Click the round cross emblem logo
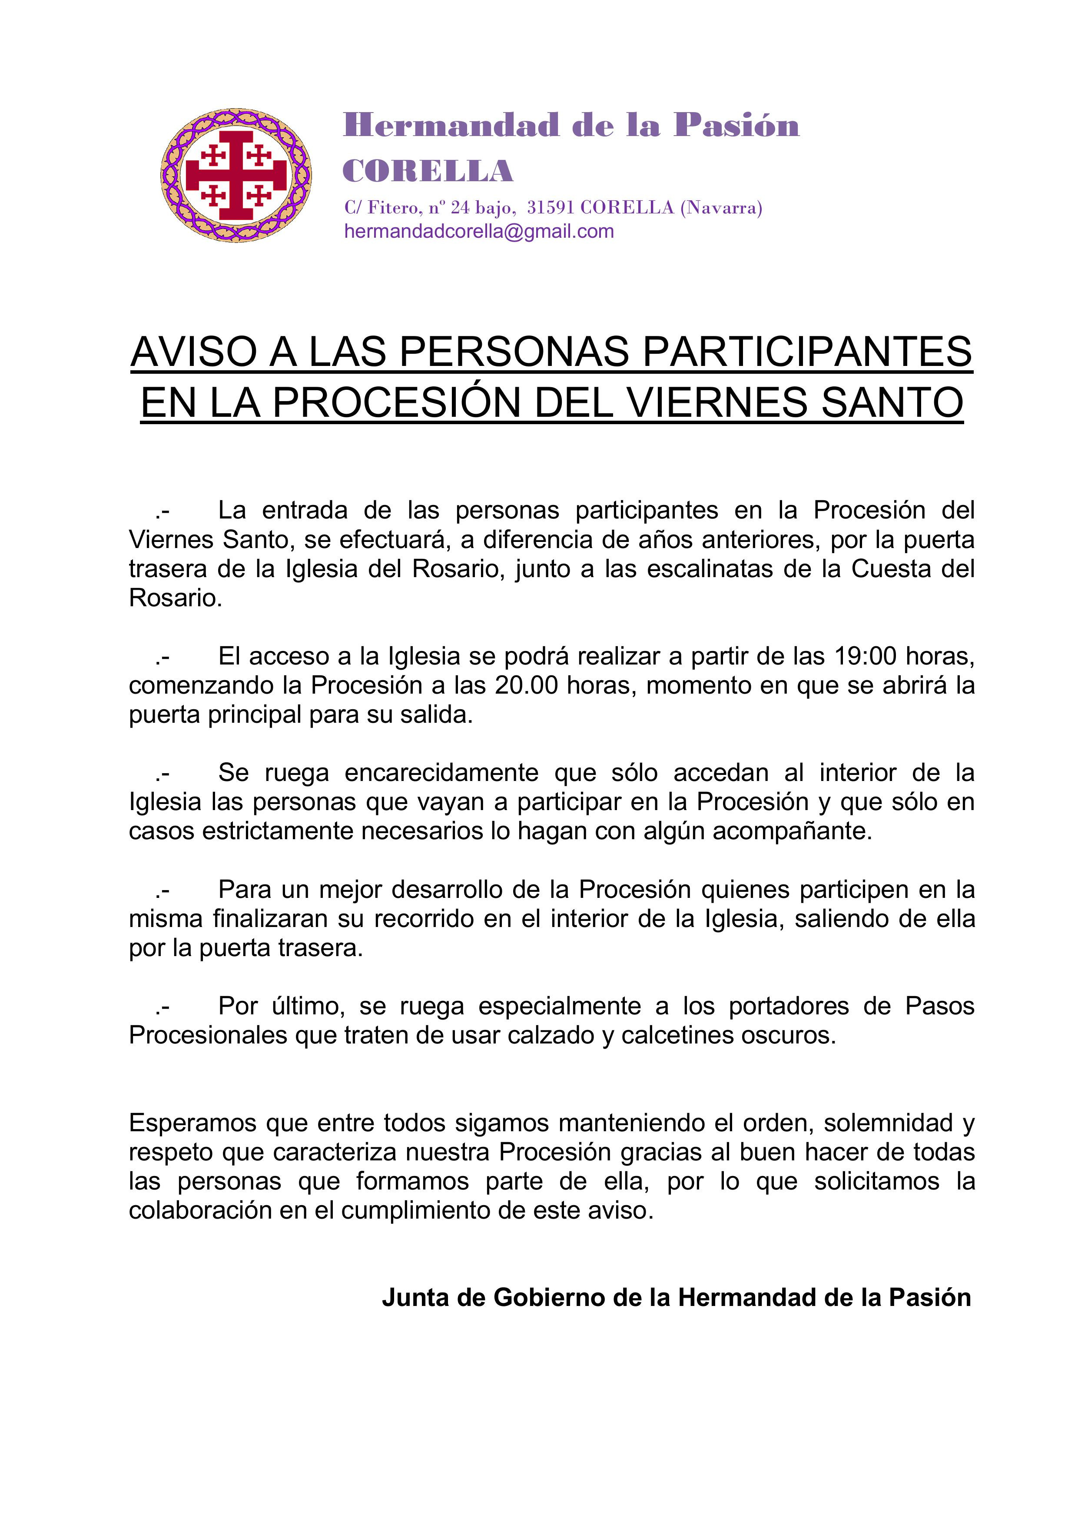[236, 175]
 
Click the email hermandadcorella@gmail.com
[478, 232]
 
